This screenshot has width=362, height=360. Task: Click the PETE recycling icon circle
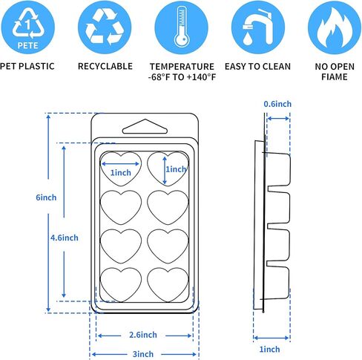[27, 27]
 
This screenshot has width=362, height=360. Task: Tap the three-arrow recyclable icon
[105, 27]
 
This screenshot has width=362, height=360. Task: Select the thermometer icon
[182, 27]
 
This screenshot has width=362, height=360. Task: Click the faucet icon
[258, 27]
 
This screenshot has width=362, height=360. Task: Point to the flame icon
[335, 27]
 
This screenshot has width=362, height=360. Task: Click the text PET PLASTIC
[27, 66]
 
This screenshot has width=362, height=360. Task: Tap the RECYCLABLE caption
[105, 66]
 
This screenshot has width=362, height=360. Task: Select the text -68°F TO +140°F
[182, 77]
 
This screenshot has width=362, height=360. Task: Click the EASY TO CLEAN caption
[257, 66]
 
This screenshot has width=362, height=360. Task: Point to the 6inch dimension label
[46, 197]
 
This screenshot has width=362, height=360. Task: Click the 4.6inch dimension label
[65, 238]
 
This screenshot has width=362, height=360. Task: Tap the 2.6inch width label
[143, 335]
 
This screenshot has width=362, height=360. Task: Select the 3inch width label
[143, 354]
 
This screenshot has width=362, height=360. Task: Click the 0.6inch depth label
[277, 104]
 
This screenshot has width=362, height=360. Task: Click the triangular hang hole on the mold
[145, 127]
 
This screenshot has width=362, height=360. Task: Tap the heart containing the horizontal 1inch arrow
[121, 169]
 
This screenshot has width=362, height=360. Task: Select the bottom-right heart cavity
[168, 285]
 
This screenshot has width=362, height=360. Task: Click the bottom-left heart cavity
[121, 285]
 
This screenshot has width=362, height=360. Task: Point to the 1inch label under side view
[269, 349]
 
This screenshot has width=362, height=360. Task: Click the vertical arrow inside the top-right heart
[165, 171]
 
